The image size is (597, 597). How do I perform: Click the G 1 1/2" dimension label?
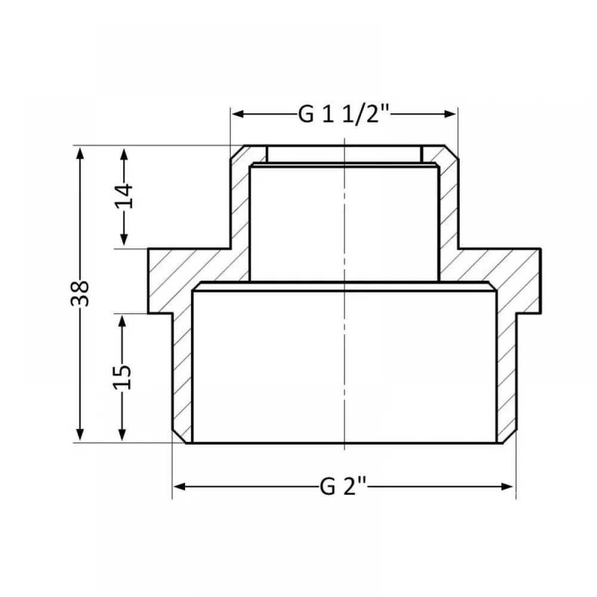pyautogui.click(x=343, y=113)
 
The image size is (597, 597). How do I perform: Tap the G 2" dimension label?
pyautogui.click(x=343, y=486)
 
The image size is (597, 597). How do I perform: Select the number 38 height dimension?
pyautogui.click(x=80, y=294)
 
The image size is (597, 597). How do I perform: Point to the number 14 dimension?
pyautogui.click(x=124, y=196)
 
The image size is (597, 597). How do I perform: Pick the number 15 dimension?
pyautogui.click(x=122, y=377)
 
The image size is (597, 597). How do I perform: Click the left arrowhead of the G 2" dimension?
pyautogui.click(x=179, y=487)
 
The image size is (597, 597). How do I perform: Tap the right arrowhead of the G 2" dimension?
pyautogui.click(x=507, y=487)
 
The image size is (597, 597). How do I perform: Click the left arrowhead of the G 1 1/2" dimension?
pyautogui.click(x=238, y=114)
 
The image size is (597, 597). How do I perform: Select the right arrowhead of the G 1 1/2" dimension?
pyautogui.click(x=450, y=114)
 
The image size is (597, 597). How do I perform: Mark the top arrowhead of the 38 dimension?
pyautogui.click(x=80, y=153)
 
